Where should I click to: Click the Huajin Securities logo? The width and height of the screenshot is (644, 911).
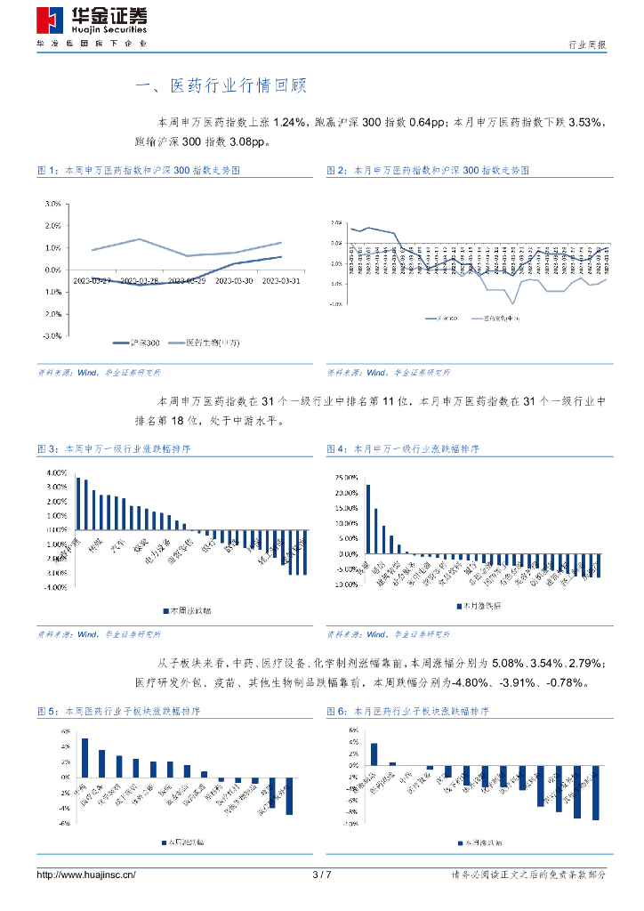pos(92,20)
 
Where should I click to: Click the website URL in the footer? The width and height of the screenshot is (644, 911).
pos(86,875)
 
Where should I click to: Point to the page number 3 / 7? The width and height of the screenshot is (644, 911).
pos(322,875)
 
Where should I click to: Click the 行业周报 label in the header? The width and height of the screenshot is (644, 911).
pos(587,45)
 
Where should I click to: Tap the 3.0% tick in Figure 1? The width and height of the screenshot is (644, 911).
pos(52,203)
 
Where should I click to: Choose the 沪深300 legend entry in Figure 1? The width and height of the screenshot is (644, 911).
pos(142,342)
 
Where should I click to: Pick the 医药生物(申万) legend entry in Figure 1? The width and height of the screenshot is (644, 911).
pos(205,342)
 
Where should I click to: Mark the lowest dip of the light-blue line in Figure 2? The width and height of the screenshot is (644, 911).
pos(513,303)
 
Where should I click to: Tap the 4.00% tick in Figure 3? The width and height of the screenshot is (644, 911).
pos(55,472)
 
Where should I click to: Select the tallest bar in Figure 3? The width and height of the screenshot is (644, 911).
pos(78,504)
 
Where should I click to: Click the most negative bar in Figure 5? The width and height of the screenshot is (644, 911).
pos(289,795)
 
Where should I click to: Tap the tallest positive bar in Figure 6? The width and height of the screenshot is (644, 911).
pos(374,754)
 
